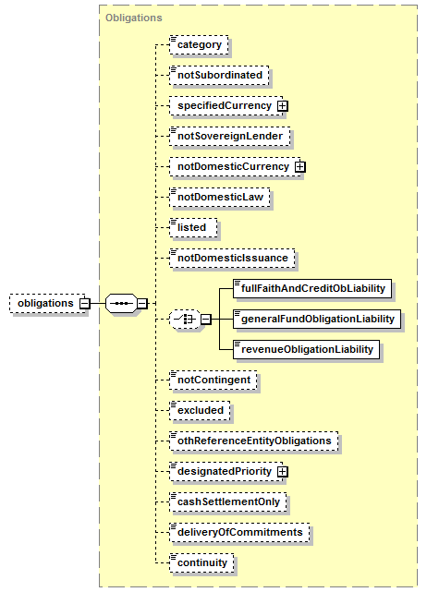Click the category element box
pyautogui.click(x=199, y=45)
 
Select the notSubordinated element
pyautogui.click(x=219, y=76)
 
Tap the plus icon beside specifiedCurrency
pyautogui.click(x=282, y=106)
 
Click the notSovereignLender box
pyautogui.click(x=230, y=137)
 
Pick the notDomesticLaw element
pyautogui.click(x=220, y=198)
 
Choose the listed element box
pyautogui.click(x=193, y=228)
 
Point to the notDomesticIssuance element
pyautogui.click(x=232, y=259)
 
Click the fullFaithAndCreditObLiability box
pyautogui.click(x=312, y=289)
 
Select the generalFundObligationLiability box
pyautogui.click(x=317, y=320)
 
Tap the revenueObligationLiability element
pyautogui.click(x=307, y=350)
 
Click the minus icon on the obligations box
pyautogui.click(x=85, y=304)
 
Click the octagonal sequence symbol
pyautogui.click(x=121, y=304)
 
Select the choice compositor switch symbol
pyautogui.click(x=185, y=320)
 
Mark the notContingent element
pyautogui.click(x=213, y=381)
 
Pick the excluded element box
pyautogui.click(x=200, y=411)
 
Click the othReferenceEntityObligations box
pyautogui.click(x=254, y=441)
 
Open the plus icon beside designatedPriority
pyautogui.click(x=282, y=472)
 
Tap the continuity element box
pyautogui.click(x=201, y=563)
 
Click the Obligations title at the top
pyautogui.click(x=134, y=18)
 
